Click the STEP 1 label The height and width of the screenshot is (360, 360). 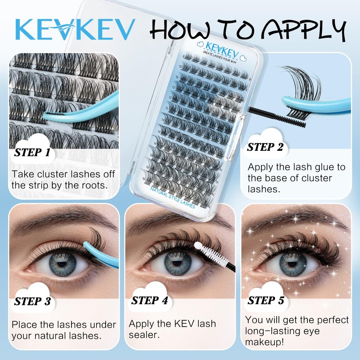(32, 152)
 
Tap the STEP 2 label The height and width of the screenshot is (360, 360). (265, 147)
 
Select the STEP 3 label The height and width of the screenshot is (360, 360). (32, 301)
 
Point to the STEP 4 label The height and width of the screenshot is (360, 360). (150, 301)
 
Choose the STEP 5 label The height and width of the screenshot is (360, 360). (266, 300)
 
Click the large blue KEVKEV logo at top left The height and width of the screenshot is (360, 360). (75, 29)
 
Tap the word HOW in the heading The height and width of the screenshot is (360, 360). (180, 29)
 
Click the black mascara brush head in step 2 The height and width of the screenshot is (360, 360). (290, 121)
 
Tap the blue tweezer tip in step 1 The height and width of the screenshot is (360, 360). (46, 113)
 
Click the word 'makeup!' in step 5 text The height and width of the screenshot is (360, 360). (265, 342)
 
